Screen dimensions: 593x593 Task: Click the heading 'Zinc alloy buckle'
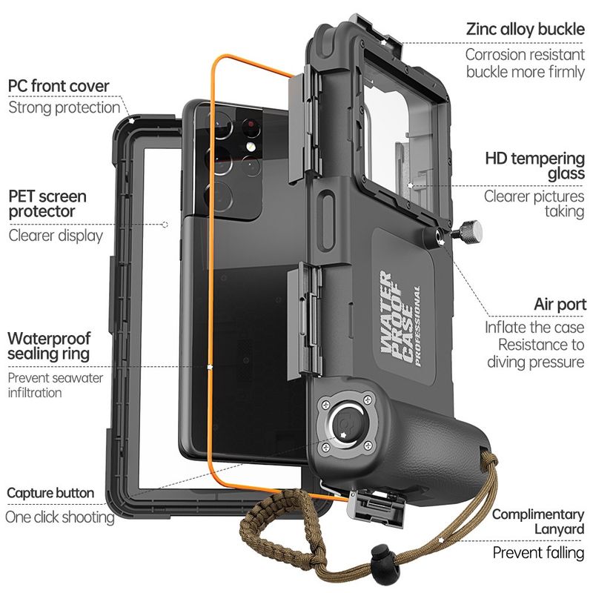[525, 30]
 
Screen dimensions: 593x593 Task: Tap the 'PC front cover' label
[59, 86]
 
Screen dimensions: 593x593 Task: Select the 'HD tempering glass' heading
[534, 165]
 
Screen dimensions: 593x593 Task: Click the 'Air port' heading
[559, 305]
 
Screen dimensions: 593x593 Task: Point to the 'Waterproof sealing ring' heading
[49, 345]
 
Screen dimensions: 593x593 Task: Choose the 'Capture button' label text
[50, 493]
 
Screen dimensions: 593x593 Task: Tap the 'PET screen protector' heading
[47, 204]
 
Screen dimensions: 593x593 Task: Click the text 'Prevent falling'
[538, 553]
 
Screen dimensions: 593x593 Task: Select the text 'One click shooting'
[60, 517]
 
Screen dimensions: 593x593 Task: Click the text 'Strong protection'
[64, 108]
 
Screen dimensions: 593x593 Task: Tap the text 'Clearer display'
[56, 236]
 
